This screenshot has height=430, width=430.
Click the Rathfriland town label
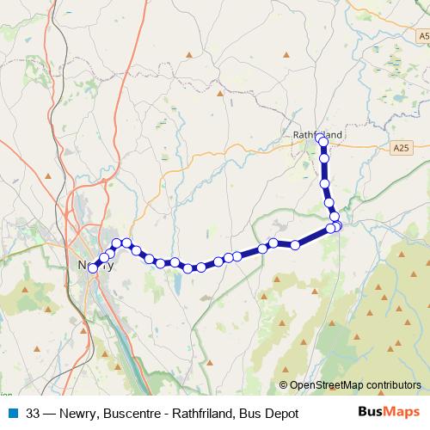[x=317, y=135]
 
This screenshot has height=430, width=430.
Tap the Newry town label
[x=95, y=265]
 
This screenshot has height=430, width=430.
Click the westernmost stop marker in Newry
[x=93, y=267]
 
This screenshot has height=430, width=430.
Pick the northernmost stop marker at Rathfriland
[x=320, y=138]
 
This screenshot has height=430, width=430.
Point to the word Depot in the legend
[x=279, y=414]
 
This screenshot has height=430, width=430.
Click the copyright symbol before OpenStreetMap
[x=283, y=385]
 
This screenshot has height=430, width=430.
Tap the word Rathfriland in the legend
[x=202, y=414]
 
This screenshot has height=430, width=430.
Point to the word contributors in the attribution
[x=393, y=385]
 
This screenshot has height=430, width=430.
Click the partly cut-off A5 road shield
[x=423, y=37]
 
